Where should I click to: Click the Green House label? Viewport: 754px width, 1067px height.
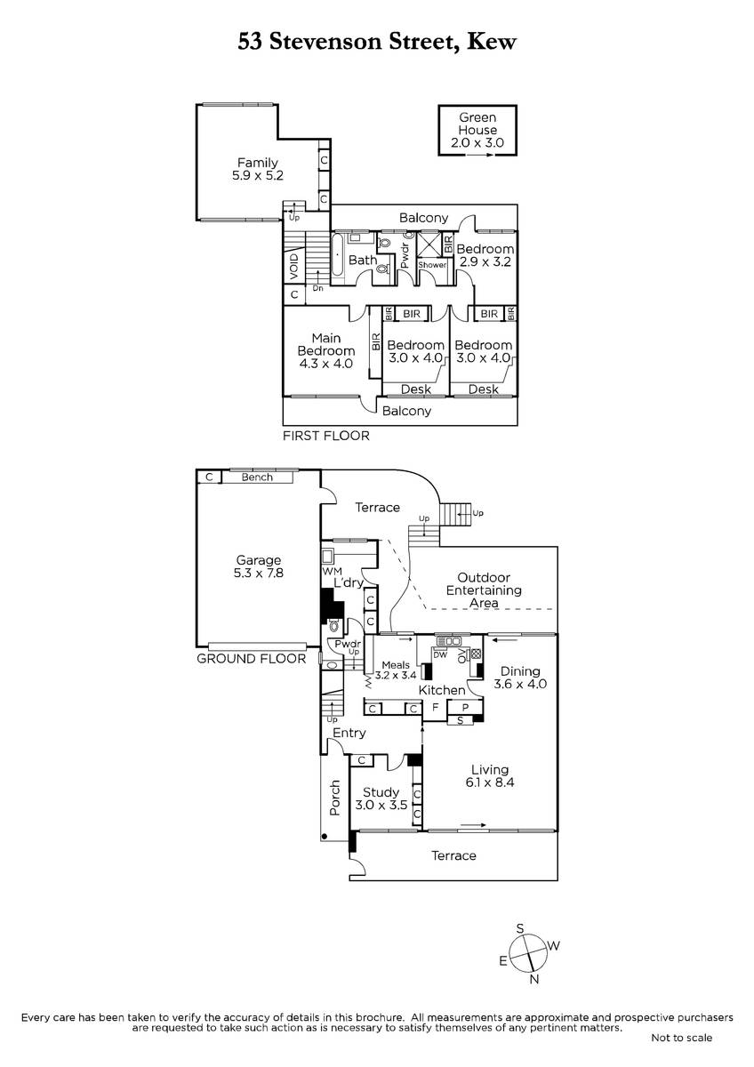(x=477, y=124)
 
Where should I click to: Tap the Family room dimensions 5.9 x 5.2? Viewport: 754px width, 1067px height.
(x=258, y=175)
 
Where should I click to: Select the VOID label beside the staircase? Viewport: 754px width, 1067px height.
(x=294, y=267)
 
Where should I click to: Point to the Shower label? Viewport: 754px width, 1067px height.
(x=432, y=265)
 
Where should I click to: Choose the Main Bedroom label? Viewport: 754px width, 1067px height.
(x=325, y=344)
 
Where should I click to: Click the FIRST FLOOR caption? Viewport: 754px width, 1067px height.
(x=326, y=436)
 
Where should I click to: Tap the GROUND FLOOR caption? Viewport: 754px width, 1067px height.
(x=251, y=659)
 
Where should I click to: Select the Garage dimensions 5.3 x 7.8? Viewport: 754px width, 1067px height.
(x=259, y=573)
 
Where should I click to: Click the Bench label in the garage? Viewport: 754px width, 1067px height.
(x=257, y=477)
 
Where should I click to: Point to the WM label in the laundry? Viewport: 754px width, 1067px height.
(x=332, y=571)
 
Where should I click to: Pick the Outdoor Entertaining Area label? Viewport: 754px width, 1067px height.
(x=484, y=590)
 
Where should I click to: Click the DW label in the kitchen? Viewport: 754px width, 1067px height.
(x=440, y=655)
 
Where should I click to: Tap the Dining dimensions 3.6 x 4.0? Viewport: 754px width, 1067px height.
(x=520, y=684)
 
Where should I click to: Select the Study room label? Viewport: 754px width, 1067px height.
(x=381, y=792)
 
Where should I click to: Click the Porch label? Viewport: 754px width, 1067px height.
(x=335, y=798)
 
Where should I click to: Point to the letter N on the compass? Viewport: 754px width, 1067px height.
(x=534, y=979)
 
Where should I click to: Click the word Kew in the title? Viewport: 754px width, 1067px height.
(x=492, y=42)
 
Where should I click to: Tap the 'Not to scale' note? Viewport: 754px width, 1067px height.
(x=682, y=1038)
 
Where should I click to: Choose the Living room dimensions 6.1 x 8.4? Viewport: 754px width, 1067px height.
(x=490, y=782)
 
